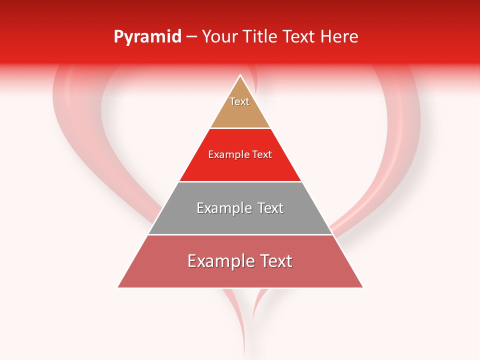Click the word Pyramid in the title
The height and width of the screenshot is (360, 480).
(x=147, y=37)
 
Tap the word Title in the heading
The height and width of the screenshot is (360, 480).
(x=261, y=37)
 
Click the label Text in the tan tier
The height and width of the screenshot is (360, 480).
(x=239, y=101)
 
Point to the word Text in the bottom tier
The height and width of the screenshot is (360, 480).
(x=275, y=261)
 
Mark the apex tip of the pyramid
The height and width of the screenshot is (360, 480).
(x=240, y=76)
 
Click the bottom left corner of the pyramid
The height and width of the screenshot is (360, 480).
(x=118, y=287)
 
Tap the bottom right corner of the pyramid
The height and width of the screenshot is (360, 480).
(x=362, y=287)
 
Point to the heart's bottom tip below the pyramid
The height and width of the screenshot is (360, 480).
(x=244, y=352)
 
